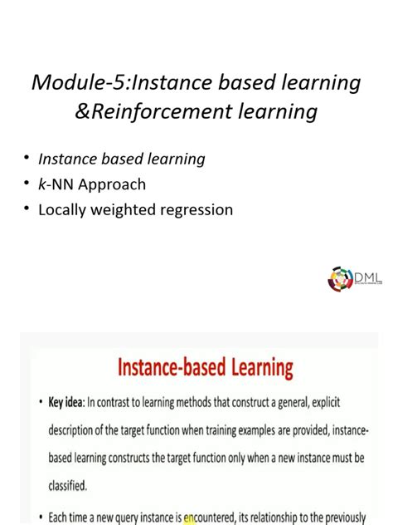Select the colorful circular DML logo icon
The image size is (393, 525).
[x=340, y=278]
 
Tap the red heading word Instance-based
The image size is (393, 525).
[x=166, y=367]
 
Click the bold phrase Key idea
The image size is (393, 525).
[x=69, y=403]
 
